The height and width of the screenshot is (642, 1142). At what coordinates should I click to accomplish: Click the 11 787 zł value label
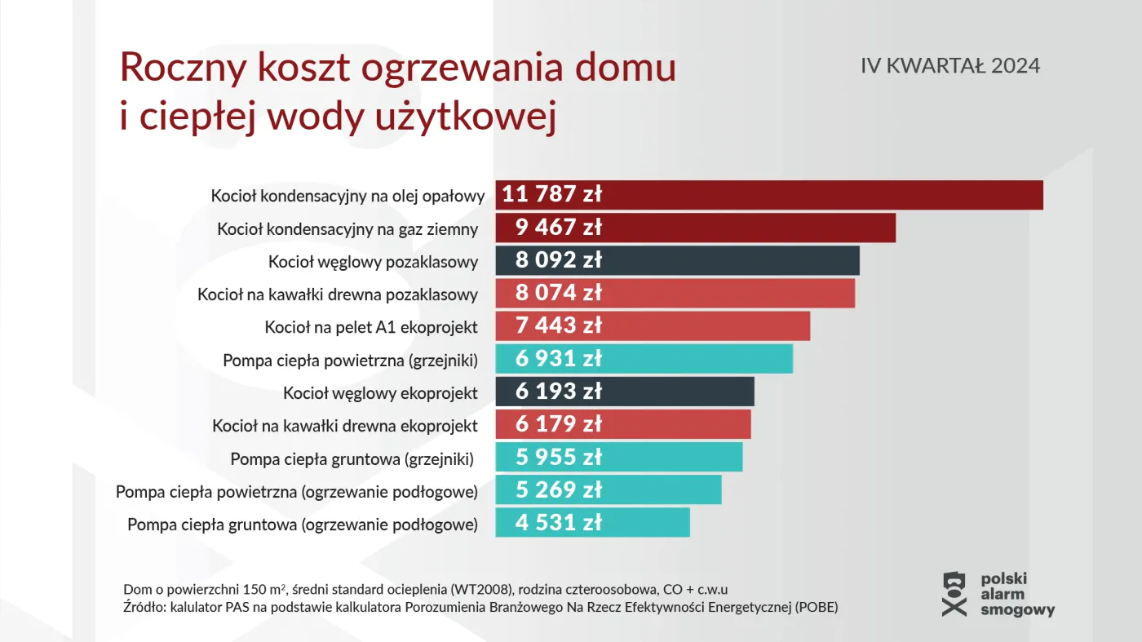[551, 194]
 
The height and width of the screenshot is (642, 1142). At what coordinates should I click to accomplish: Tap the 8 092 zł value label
[558, 260]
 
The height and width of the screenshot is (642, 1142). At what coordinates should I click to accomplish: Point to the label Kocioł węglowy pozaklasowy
[373, 262]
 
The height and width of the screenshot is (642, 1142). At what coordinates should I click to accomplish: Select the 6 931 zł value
[558, 359]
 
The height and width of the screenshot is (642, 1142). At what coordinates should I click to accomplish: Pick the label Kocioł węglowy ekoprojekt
[380, 393]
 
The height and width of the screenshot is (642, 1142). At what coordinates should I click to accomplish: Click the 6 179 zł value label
[558, 424]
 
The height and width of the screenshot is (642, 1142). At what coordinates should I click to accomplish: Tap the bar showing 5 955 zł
[669, 457]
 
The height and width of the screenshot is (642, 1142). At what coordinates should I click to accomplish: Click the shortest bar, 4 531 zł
[636, 523]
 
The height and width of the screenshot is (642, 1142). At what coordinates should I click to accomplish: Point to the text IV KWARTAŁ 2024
[950, 66]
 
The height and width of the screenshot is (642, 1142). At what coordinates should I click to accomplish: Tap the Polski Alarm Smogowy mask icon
[954, 593]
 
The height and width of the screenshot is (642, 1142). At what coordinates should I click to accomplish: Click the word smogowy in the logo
[1017, 609]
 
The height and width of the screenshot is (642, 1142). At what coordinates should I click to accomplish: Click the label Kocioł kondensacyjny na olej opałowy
[347, 196]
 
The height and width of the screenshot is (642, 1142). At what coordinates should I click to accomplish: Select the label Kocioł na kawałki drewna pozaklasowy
[337, 294]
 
